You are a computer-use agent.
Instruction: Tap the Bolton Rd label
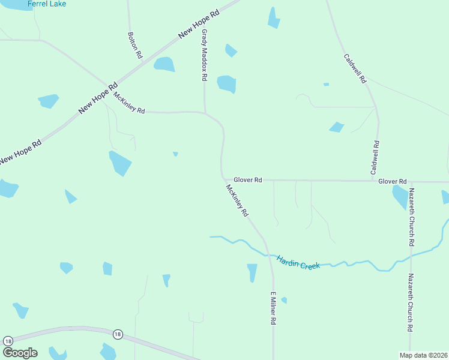click(x=134, y=45)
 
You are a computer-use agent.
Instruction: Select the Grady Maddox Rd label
click(x=204, y=55)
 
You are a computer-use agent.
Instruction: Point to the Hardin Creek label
click(x=298, y=262)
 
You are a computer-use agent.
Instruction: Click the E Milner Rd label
click(x=273, y=308)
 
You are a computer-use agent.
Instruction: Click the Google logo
click(x=20, y=353)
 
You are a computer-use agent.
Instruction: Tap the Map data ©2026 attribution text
click(x=424, y=355)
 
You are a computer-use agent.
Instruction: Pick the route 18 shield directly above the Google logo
click(x=8, y=340)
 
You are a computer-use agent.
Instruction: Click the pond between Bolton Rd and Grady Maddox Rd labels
click(x=164, y=64)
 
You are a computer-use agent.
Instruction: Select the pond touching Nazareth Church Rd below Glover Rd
click(x=400, y=196)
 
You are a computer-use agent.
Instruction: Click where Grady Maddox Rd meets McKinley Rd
click(x=205, y=112)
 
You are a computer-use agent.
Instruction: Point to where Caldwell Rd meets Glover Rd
click(x=376, y=180)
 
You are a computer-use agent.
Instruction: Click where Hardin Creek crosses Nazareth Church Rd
click(x=411, y=256)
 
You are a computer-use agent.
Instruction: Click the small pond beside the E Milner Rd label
click(x=284, y=300)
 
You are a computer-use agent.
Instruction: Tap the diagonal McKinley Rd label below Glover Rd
click(x=237, y=200)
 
